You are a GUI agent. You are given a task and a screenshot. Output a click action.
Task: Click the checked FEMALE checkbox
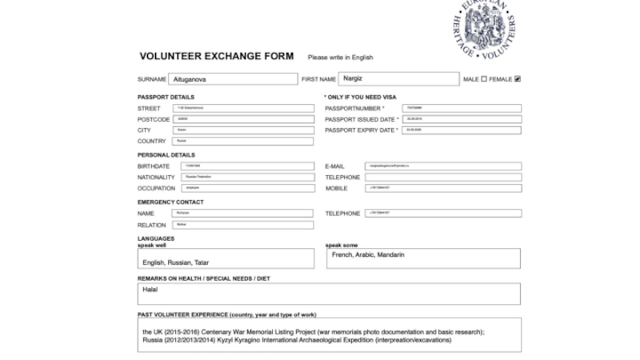click(x=518, y=79)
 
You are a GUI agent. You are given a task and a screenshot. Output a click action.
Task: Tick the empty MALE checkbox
click(x=482, y=79)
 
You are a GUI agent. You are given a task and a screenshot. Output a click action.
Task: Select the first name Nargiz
click(x=353, y=78)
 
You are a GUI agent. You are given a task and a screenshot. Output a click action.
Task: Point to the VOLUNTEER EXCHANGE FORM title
click(x=216, y=57)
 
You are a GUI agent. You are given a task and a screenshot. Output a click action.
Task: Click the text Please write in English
click(x=340, y=58)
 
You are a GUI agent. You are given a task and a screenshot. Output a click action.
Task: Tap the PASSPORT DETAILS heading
click(x=166, y=97)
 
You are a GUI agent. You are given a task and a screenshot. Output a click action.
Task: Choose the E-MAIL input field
click(x=442, y=166)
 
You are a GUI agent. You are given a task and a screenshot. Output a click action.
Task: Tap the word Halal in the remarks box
click(x=150, y=290)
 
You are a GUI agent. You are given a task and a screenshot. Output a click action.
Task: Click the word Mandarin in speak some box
click(x=390, y=255)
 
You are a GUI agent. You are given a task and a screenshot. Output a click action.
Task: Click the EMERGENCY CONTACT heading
click(x=170, y=202)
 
